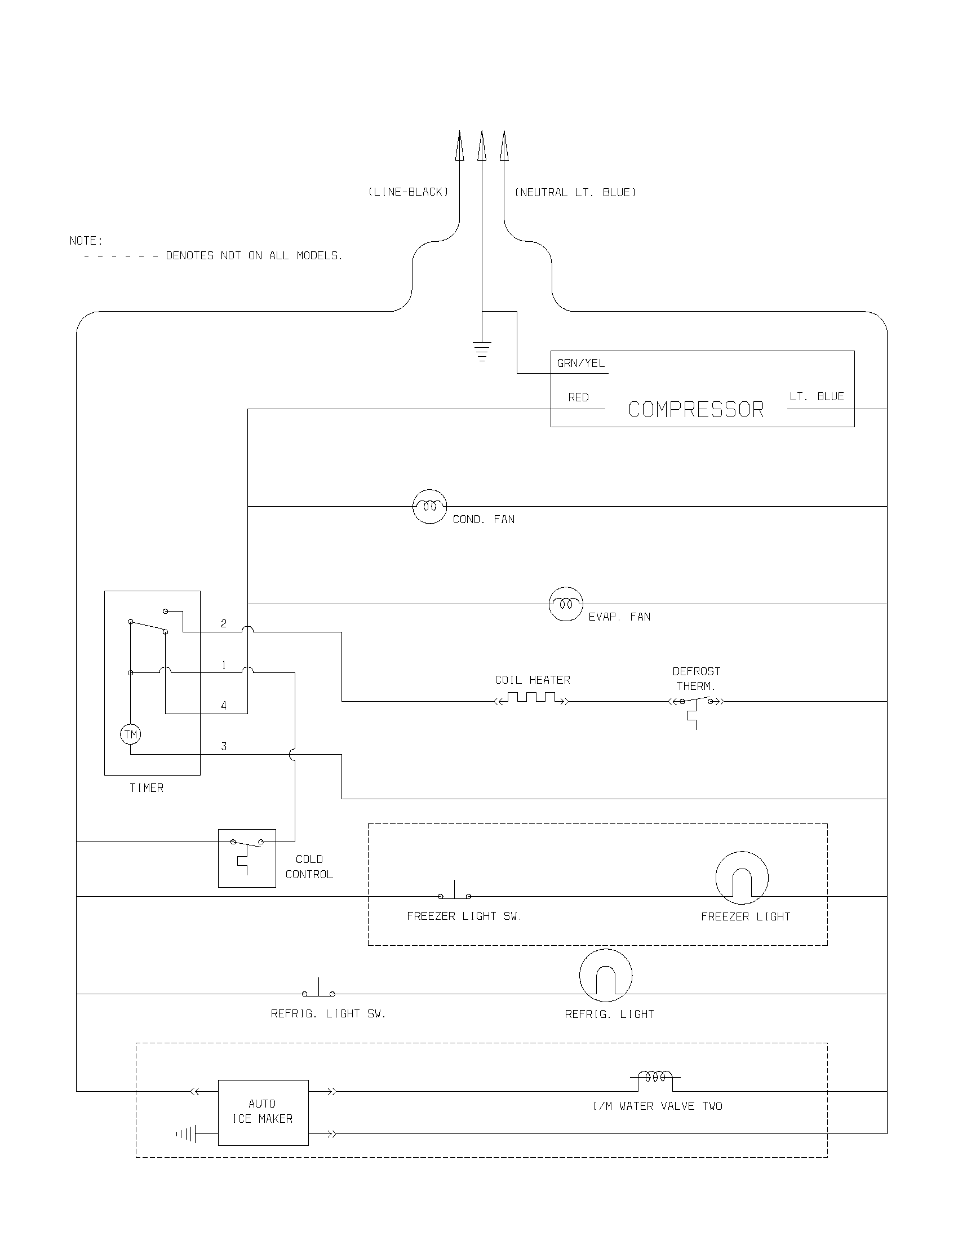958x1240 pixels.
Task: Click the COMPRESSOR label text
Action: pos(696,409)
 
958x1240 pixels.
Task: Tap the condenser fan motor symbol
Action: pos(429,506)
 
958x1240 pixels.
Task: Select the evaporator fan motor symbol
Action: pos(566,604)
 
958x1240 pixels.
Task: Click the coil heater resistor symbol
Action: pos(531,698)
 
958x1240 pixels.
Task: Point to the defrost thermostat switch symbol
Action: pos(696,704)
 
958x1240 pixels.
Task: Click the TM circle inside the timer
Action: pos(131,734)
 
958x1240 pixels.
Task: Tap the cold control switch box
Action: pos(247,858)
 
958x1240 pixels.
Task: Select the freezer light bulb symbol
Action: pos(742,878)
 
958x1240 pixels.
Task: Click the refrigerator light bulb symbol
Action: pos(606,976)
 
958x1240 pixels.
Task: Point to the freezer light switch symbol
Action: pos(455,894)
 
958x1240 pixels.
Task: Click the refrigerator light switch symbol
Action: pos(318,991)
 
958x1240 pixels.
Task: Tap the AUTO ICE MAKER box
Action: pos(263,1112)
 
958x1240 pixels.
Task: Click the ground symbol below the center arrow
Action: pos(482,351)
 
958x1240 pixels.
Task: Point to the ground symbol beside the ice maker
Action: pos(187,1135)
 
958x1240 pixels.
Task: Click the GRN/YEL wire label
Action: pos(580,364)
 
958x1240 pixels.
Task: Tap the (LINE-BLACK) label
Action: pos(408,192)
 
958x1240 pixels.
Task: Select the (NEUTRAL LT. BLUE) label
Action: pos(575,192)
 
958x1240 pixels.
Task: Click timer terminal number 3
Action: pos(224,747)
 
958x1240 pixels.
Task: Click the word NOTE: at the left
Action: pos(86,241)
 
